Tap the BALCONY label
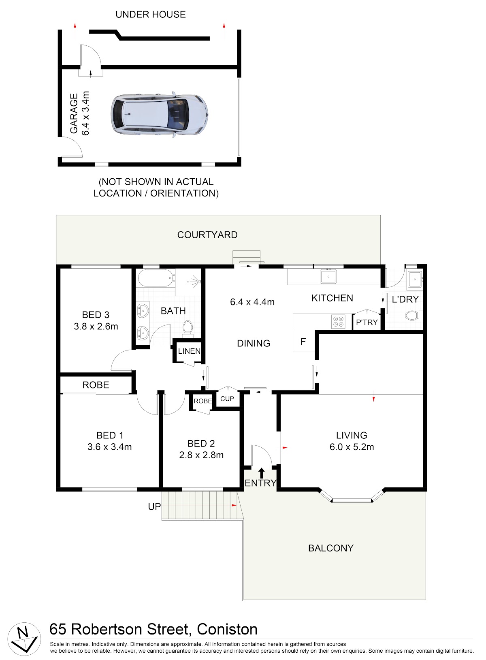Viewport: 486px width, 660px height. [331, 548]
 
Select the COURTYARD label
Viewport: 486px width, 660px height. [207, 235]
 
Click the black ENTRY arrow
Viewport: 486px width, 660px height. [261, 473]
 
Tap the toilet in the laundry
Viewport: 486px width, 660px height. [414, 316]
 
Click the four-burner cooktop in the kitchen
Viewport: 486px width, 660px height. [338, 321]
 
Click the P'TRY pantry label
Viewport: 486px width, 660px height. [367, 323]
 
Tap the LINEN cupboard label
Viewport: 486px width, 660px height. [189, 351]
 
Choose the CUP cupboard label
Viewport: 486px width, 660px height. [227, 399]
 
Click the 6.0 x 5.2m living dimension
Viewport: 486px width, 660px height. [352, 447]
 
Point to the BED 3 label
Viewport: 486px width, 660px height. [96, 315]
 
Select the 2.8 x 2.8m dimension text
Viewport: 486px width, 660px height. [201, 455]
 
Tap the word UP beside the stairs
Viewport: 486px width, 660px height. [154, 506]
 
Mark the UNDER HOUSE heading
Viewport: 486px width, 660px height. [151, 15]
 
